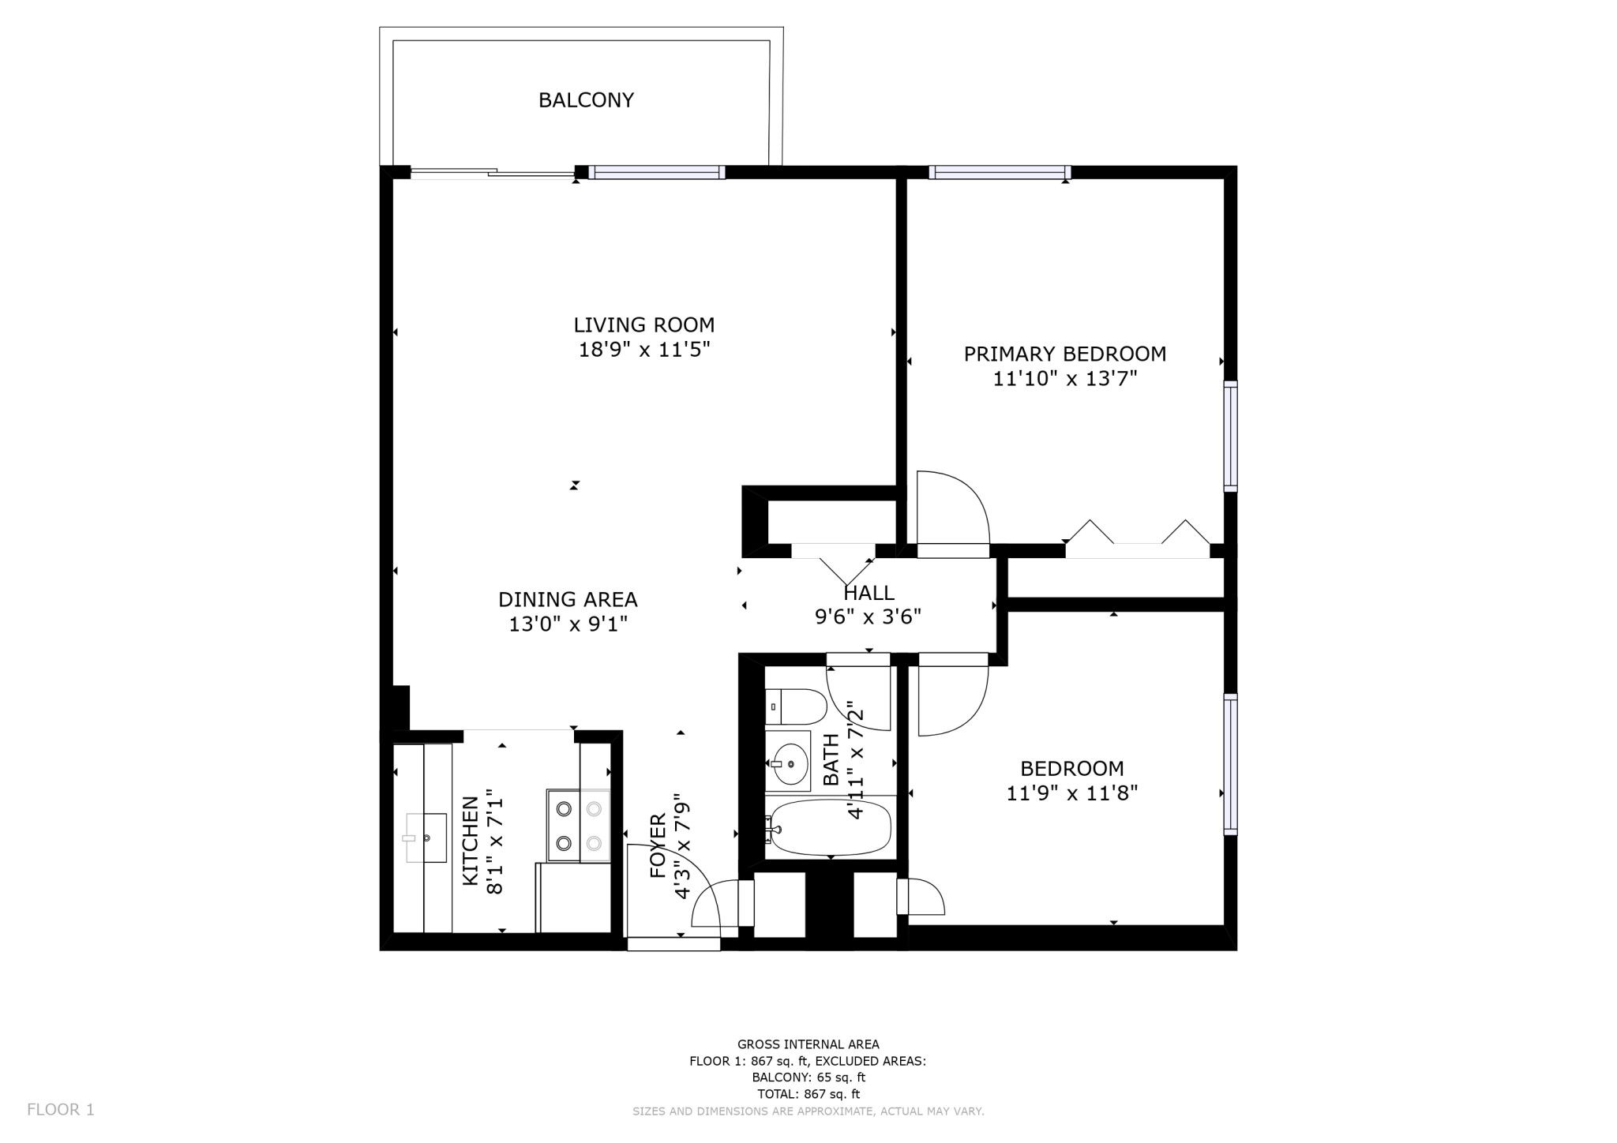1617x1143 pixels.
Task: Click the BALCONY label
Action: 586,100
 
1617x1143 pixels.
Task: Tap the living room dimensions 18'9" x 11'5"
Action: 644,350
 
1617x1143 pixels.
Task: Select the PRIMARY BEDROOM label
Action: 1064,354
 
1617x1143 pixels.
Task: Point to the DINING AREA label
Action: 568,599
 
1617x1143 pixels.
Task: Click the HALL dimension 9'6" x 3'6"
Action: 868,616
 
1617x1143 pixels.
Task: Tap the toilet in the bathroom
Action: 796,706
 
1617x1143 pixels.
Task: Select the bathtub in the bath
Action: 829,827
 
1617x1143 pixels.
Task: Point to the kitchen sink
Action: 426,838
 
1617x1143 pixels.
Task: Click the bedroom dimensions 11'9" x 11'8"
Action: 1071,793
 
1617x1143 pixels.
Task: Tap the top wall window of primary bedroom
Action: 1000,172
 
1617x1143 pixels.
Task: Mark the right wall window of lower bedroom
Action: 1230,763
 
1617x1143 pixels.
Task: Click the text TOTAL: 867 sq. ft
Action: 808,1094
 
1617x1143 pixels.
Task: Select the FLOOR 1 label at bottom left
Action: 61,1109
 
